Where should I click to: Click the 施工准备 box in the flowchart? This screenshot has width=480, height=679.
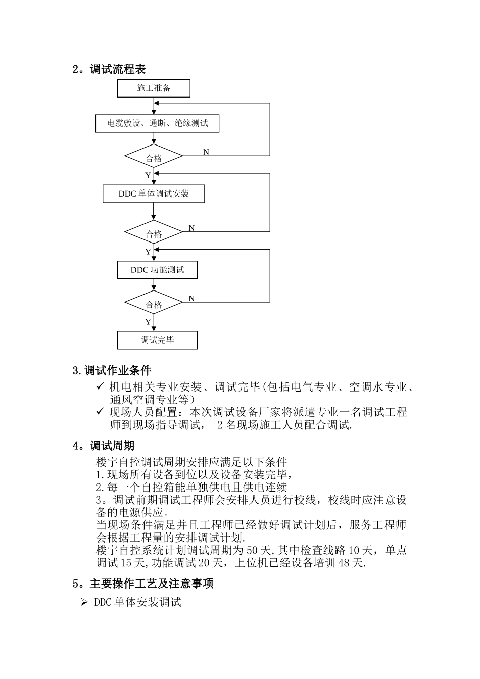coord(154,88)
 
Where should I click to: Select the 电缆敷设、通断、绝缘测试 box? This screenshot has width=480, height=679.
coord(157,123)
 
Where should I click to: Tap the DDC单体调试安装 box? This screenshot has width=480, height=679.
coord(154,194)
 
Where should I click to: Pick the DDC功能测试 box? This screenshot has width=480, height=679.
coord(157,270)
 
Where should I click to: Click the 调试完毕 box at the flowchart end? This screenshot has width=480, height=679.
coord(157,340)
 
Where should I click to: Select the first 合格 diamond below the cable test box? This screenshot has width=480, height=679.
coord(154,158)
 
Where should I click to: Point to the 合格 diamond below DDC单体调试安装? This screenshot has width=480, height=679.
coord(154,234)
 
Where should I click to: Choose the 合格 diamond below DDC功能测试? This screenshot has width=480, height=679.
coord(154,304)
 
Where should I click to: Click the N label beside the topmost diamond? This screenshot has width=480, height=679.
coord(206,152)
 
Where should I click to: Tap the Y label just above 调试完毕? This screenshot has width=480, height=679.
coord(148,322)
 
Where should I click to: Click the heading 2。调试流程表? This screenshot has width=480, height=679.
coord(110,69)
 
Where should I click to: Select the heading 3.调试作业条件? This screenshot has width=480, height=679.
coord(112,371)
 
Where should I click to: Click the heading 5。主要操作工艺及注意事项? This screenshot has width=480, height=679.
coord(143,584)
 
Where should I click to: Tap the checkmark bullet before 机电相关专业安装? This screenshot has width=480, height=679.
coord(100,387)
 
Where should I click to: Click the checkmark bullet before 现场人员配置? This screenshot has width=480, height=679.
coord(100,412)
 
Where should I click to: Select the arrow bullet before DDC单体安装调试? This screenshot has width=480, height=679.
coord(84,602)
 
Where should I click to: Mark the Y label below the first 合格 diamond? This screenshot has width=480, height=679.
coord(148,175)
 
